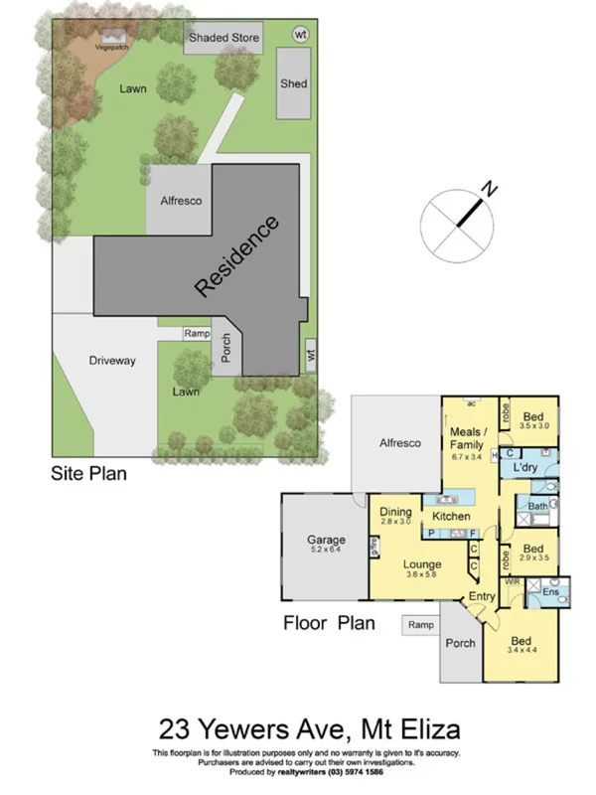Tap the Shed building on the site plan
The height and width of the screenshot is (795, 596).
click(x=293, y=83)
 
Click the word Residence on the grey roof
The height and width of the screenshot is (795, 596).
click(x=237, y=256)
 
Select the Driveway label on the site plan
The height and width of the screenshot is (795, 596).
click(x=111, y=360)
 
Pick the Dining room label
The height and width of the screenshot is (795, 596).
click(x=396, y=512)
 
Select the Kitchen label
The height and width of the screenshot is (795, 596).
click(x=450, y=517)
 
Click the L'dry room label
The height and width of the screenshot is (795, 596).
click(x=525, y=466)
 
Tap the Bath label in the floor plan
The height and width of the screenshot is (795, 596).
click(x=537, y=506)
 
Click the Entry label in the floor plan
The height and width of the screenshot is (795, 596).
click(x=482, y=595)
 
